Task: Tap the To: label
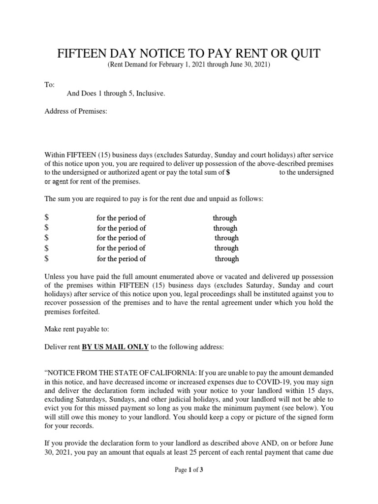coord(49,85)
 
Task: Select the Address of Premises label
coord(76,111)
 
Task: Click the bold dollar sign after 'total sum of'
coord(228,172)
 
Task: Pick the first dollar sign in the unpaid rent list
coord(46,218)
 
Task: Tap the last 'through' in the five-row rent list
coord(226,259)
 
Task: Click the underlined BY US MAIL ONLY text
coord(115,347)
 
